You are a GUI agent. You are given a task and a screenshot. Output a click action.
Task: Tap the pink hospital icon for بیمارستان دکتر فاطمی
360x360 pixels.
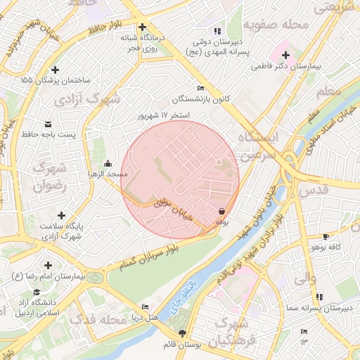pyautogui.click(x=286, y=55)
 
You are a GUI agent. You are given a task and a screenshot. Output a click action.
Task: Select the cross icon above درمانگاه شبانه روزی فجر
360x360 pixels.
pyautogui.click(x=142, y=27)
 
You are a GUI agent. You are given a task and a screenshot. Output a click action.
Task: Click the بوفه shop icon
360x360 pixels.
pyautogui.click(x=221, y=211)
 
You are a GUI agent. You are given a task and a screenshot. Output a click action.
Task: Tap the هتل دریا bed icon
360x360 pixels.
pyautogui.click(x=145, y=307)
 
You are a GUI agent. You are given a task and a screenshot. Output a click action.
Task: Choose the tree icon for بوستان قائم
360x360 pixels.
pyautogui.click(x=184, y=333)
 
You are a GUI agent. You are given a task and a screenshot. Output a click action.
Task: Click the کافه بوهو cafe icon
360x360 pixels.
pyautogui.click(x=325, y=237)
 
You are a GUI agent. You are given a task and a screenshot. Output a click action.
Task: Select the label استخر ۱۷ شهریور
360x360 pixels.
pyautogui.click(x=165, y=115)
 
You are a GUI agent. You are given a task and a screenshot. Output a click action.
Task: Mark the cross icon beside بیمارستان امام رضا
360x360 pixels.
pyautogui.click(x=47, y=266)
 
